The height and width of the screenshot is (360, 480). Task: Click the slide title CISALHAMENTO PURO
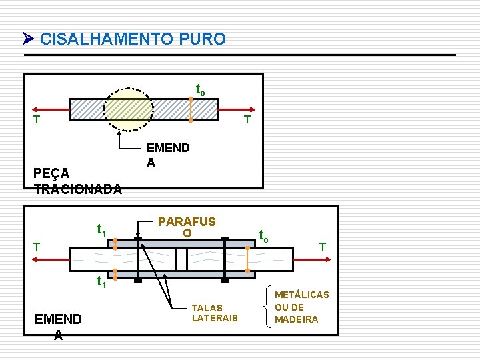(x=133, y=39)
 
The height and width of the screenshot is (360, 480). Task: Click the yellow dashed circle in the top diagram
(x=129, y=108)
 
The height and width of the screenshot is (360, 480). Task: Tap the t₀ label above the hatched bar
(x=199, y=89)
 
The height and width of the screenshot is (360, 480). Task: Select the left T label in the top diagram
(x=37, y=120)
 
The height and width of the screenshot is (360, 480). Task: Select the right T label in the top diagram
(x=247, y=120)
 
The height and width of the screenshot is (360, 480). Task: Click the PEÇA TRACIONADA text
(x=77, y=181)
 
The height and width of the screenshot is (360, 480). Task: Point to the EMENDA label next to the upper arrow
(x=167, y=154)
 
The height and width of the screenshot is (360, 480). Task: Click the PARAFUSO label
(x=187, y=227)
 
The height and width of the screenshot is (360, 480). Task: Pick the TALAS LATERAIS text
(x=214, y=313)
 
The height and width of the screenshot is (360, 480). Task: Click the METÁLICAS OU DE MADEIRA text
(x=302, y=307)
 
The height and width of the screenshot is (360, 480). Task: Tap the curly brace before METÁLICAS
(x=268, y=307)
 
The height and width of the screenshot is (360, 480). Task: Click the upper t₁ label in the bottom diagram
(x=102, y=230)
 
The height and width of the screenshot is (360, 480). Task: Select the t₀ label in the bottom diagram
(x=264, y=235)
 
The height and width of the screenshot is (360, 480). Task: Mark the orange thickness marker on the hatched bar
(x=191, y=109)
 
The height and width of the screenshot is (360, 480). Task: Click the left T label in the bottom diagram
(x=37, y=246)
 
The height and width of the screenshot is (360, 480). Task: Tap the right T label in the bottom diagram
(x=322, y=246)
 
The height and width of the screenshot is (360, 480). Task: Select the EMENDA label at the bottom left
(x=58, y=327)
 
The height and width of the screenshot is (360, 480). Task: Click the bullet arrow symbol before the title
(x=28, y=39)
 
